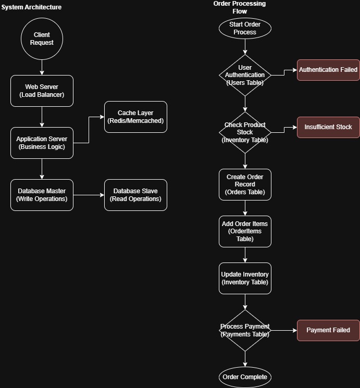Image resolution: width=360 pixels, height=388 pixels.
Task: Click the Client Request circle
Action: (42, 39)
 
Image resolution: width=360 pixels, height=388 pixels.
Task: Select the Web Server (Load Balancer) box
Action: (42, 91)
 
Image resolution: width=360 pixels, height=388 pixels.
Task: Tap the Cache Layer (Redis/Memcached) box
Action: (135, 117)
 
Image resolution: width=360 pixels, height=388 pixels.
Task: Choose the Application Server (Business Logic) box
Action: (42, 143)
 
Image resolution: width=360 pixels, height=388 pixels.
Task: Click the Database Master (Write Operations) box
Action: (42, 195)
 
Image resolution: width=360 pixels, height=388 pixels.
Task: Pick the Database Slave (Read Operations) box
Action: (135, 195)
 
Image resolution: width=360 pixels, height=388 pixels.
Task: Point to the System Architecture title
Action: (31, 7)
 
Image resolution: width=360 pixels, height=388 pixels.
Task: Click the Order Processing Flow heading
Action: (240, 7)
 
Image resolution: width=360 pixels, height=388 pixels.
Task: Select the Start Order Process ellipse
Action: (245, 29)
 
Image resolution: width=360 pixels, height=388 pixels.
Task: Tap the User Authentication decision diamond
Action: (245, 76)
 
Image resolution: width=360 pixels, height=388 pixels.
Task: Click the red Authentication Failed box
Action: (328, 70)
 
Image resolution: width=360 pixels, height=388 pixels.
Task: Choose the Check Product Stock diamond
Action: (245, 132)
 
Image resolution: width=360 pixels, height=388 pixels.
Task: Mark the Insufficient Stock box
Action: (328, 127)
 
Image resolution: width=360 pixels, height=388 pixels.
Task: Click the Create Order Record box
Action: (245, 184)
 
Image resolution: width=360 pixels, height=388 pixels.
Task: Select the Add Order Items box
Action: (245, 231)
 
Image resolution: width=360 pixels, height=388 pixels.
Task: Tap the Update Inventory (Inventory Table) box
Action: (245, 278)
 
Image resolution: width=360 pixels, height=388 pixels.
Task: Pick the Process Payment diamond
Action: (245, 330)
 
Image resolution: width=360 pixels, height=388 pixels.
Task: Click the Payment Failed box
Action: (328, 330)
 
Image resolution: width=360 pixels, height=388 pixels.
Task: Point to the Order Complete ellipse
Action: (245, 377)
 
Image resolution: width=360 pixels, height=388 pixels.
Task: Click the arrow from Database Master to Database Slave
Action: (89, 195)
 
